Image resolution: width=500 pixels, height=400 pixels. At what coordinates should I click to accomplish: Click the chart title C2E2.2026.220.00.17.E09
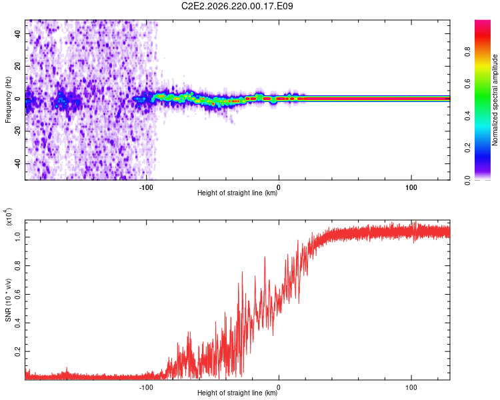point(237,6)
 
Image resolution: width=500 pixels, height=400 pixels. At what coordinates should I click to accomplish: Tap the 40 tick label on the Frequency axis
point(17,33)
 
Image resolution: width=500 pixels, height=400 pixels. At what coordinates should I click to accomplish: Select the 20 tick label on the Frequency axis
point(17,66)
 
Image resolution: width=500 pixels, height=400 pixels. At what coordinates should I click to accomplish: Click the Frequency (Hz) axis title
point(8,99)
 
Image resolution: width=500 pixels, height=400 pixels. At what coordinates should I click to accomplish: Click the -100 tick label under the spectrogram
point(146,187)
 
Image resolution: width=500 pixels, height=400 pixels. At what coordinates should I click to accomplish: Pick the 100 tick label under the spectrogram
point(411,187)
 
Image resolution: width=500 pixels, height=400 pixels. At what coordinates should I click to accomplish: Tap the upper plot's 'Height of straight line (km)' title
point(237,193)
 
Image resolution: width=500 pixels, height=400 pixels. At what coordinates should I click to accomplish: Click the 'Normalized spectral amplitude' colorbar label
point(495,100)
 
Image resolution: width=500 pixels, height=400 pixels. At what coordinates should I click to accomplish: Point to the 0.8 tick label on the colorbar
point(467,52)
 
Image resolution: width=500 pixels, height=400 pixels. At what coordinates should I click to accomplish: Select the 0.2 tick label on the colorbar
point(467,148)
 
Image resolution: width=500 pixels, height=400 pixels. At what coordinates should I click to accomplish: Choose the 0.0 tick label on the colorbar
point(467,180)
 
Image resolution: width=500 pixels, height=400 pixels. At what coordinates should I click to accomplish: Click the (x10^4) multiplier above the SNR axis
point(9,217)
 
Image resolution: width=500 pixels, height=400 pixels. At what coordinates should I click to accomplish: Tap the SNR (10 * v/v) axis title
point(8,300)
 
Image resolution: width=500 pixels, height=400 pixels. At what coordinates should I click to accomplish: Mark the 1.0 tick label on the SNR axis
point(17,237)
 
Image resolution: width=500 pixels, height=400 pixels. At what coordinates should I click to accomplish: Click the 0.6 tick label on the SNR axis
point(17,294)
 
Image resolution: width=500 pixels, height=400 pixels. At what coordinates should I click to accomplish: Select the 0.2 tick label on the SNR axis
point(17,351)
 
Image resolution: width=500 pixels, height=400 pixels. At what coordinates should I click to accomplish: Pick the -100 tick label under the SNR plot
point(146,387)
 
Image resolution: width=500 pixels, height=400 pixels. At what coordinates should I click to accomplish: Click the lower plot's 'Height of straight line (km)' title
point(237,393)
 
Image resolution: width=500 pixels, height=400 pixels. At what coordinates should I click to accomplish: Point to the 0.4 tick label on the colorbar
point(467,116)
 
